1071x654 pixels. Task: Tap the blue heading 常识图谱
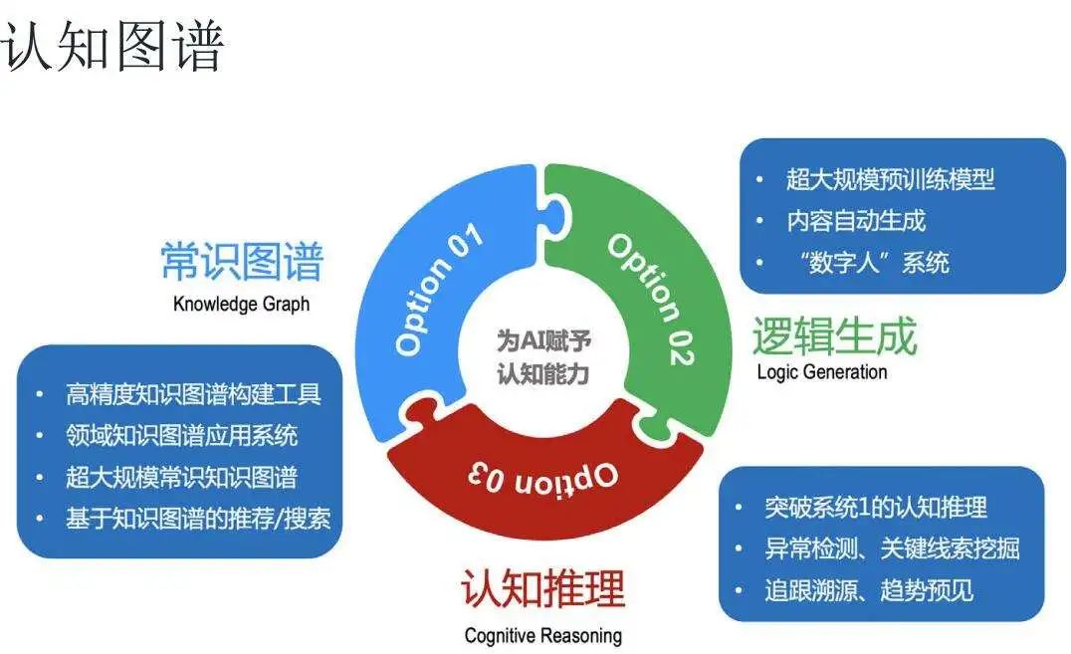242,261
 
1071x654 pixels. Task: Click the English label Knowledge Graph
241,304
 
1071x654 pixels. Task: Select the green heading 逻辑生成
834,335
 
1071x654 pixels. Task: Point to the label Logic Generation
822,371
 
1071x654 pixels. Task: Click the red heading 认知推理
543,587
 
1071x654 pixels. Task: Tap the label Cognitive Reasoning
543,635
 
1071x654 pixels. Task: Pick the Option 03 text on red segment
543,477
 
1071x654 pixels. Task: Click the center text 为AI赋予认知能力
543,356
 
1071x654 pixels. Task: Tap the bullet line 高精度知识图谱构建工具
193,394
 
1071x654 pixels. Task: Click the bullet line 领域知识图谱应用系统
182,435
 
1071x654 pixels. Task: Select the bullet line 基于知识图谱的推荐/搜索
198,519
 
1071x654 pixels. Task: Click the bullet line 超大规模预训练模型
890,179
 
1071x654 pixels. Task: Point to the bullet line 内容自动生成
856,221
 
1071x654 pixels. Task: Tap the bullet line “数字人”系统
874,263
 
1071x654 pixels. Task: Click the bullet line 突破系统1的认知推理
876,507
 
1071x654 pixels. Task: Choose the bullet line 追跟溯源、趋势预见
869,590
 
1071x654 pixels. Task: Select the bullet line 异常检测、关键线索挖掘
892,548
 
